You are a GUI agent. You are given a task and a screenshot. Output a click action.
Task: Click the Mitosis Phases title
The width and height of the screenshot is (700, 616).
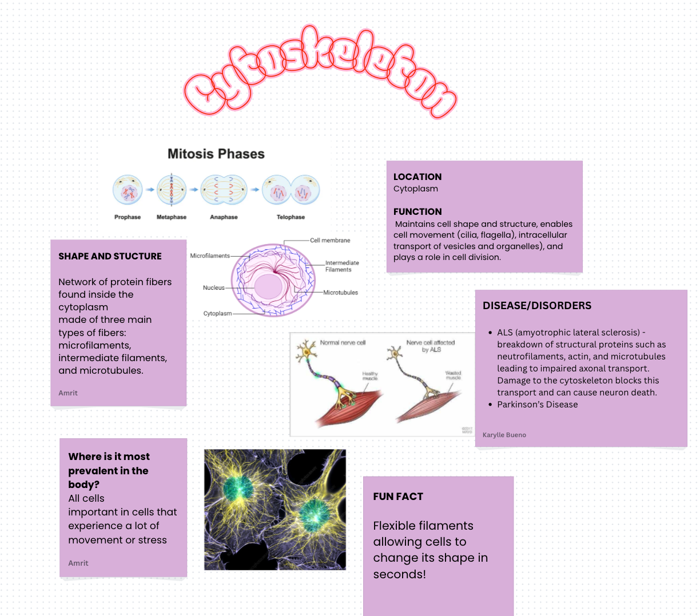click(216, 154)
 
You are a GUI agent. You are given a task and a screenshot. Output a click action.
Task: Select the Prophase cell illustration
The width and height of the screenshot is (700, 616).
click(128, 190)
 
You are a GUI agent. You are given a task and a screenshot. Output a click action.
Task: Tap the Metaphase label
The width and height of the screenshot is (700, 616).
click(172, 217)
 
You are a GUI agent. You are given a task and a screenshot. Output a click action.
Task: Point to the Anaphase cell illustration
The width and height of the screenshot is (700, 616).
click(224, 190)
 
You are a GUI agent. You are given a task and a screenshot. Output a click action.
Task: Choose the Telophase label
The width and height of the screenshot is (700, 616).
click(291, 217)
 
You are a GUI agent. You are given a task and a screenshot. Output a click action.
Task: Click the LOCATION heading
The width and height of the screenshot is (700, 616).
click(417, 177)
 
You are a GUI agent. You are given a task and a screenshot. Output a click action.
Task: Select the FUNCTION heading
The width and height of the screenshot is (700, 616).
click(417, 211)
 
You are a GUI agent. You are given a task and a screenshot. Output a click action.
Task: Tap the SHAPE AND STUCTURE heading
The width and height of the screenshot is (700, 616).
click(110, 256)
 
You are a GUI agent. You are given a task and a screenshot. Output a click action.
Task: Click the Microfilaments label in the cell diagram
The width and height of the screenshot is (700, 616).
click(209, 256)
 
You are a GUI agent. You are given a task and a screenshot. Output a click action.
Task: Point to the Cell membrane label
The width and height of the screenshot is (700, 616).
click(330, 241)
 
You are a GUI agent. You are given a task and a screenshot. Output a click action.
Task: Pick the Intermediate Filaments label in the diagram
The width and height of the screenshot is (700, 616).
click(342, 266)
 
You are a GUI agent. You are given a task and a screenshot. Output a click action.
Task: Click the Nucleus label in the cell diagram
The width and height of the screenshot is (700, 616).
click(214, 287)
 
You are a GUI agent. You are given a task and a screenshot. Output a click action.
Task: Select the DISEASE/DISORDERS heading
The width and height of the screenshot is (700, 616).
click(537, 306)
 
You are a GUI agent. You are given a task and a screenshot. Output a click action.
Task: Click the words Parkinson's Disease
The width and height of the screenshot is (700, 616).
click(537, 405)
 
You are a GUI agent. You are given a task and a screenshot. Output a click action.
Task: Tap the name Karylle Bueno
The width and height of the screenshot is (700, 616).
click(504, 435)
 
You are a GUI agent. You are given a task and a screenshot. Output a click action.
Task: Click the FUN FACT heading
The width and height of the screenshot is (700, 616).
click(398, 497)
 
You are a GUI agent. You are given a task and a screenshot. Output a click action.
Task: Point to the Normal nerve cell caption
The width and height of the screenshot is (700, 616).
click(343, 343)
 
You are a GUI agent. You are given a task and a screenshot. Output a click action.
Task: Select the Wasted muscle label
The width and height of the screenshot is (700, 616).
click(453, 375)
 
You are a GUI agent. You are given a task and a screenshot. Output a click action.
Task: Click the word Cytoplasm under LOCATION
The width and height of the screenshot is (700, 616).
click(416, 189)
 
